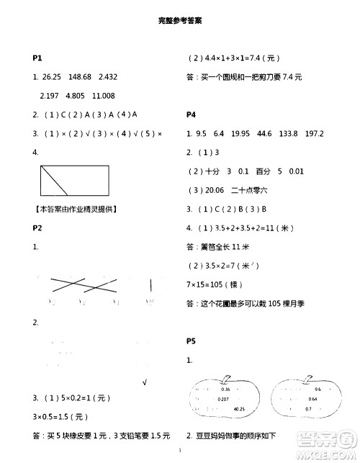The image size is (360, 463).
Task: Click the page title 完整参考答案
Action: click(x=179, y=22)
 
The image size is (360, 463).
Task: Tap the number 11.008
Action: click(x=104, y=96)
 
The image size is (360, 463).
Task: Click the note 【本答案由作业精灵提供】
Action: click(x=76, y=210)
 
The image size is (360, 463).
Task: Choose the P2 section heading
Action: click(x=38, y=228)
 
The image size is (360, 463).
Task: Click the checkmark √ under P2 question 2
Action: click(x=145, y=382)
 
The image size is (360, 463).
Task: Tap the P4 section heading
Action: click(x=192, y=114)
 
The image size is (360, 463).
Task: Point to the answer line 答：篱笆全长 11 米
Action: click(x=219, y=247)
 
